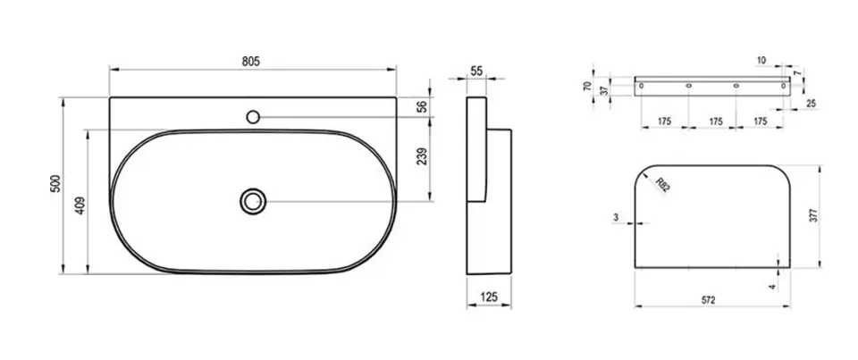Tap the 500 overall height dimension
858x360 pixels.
55,183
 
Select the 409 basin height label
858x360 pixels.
80,205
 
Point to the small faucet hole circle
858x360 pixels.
253,116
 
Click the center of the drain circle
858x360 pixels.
253,201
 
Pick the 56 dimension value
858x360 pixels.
422,106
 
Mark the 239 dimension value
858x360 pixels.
422,156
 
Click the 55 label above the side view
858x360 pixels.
476,71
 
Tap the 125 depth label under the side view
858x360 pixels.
489,297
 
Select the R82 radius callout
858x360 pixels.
662,185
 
